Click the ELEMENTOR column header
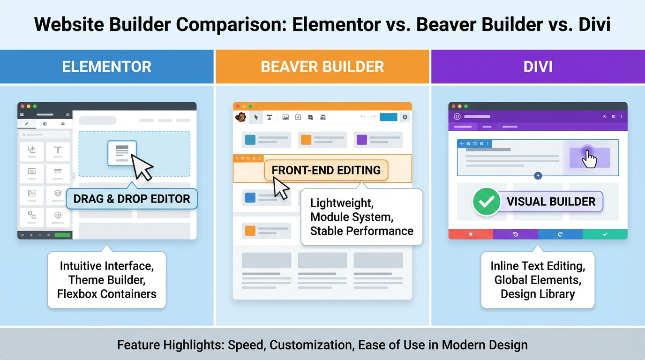pos(107,67)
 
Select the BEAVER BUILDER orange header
pos(322,67)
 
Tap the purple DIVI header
pos(538,67)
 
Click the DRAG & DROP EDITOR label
pos(132,199)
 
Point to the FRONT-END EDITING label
pos(326,170)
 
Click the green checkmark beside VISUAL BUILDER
pos(486,202)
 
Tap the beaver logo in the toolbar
pos(241,117)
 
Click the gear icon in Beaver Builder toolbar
pos(405,117)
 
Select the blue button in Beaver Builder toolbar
pos(388,117)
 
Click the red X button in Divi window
pos(471,234)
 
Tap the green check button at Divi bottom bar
pos(605,234)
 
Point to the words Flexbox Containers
pos(107,294)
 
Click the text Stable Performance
pos(361,231)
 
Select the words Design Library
pos(538,294)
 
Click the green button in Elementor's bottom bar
pos(62,235)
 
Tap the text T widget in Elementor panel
pos(58,150)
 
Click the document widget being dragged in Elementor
pos(122,153)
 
